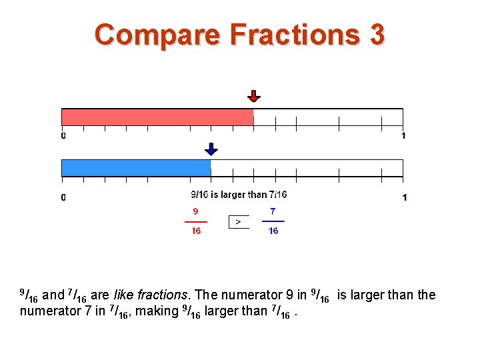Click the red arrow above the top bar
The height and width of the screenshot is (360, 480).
pyautogui.click(x=253, y=96)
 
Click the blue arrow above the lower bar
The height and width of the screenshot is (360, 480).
pyautogui.click(x=211, y=149)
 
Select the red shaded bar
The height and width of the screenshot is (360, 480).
pyautogui.click(x=157, y=117)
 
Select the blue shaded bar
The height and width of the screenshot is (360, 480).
pyautogui.click(x=136, y=168)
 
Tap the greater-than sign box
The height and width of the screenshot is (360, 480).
pyautogui.click(x=239, y=221)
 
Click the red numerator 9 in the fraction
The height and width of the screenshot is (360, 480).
pyautogui.click(x=195, y=211)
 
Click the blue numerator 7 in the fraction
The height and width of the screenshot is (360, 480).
pyautogui.click(x=273, y=211)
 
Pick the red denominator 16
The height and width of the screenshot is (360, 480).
pyautogui.click(x=196, y=231)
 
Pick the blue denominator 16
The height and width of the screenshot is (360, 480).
pyautogui.click(x=273, y=231)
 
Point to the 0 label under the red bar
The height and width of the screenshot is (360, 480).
pyautogui.click(x=63, y=136)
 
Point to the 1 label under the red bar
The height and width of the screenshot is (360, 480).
pyautogui.click(x=403, y=136)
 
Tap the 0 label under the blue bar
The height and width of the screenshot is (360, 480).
pyautogui.click(x=63, y=197)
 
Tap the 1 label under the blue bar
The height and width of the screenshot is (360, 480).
pyautogui.click(x=404, y=197)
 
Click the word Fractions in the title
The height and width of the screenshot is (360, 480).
pyautogui.click(x=290, y=35)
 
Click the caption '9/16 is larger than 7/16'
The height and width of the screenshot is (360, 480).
pyautogui.click(x=239, y=195)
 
